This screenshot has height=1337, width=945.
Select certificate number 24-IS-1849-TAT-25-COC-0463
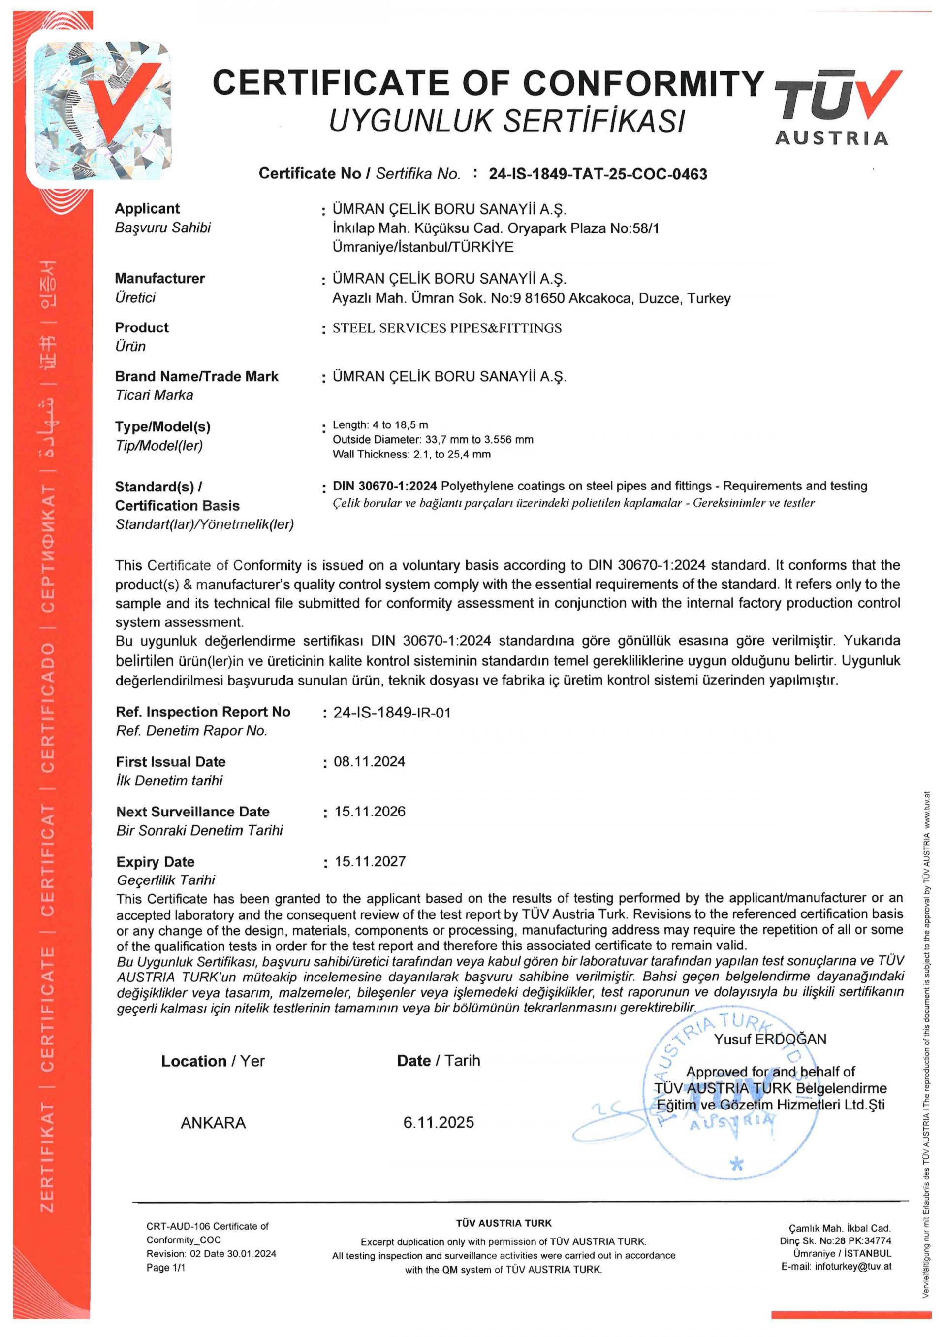[x=598, y=174]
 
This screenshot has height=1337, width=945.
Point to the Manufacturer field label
[x=159, y=278]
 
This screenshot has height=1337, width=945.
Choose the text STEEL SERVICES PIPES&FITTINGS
[x=447, y=328]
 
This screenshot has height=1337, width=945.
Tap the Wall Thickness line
[x=411, y=454]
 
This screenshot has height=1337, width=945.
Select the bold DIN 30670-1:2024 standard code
[x=384, y=486]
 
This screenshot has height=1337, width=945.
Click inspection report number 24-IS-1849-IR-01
[x=392, y=713]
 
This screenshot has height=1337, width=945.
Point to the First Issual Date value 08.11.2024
[x=370, y=762]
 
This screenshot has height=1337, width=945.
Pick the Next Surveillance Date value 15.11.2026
[x=370, y=811]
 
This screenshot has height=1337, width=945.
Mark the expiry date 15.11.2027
[x=370, y=861]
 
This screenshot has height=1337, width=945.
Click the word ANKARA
[x=213, y=1123]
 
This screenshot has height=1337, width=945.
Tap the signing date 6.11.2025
[x=438, y=1122]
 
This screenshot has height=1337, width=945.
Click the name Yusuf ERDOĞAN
[x=770, y=1039]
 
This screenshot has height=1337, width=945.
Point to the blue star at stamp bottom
[x=737, y=1165]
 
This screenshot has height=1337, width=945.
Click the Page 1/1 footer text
[x=166, y=1267]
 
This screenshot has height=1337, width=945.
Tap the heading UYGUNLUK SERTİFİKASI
[x=507, y=121]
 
